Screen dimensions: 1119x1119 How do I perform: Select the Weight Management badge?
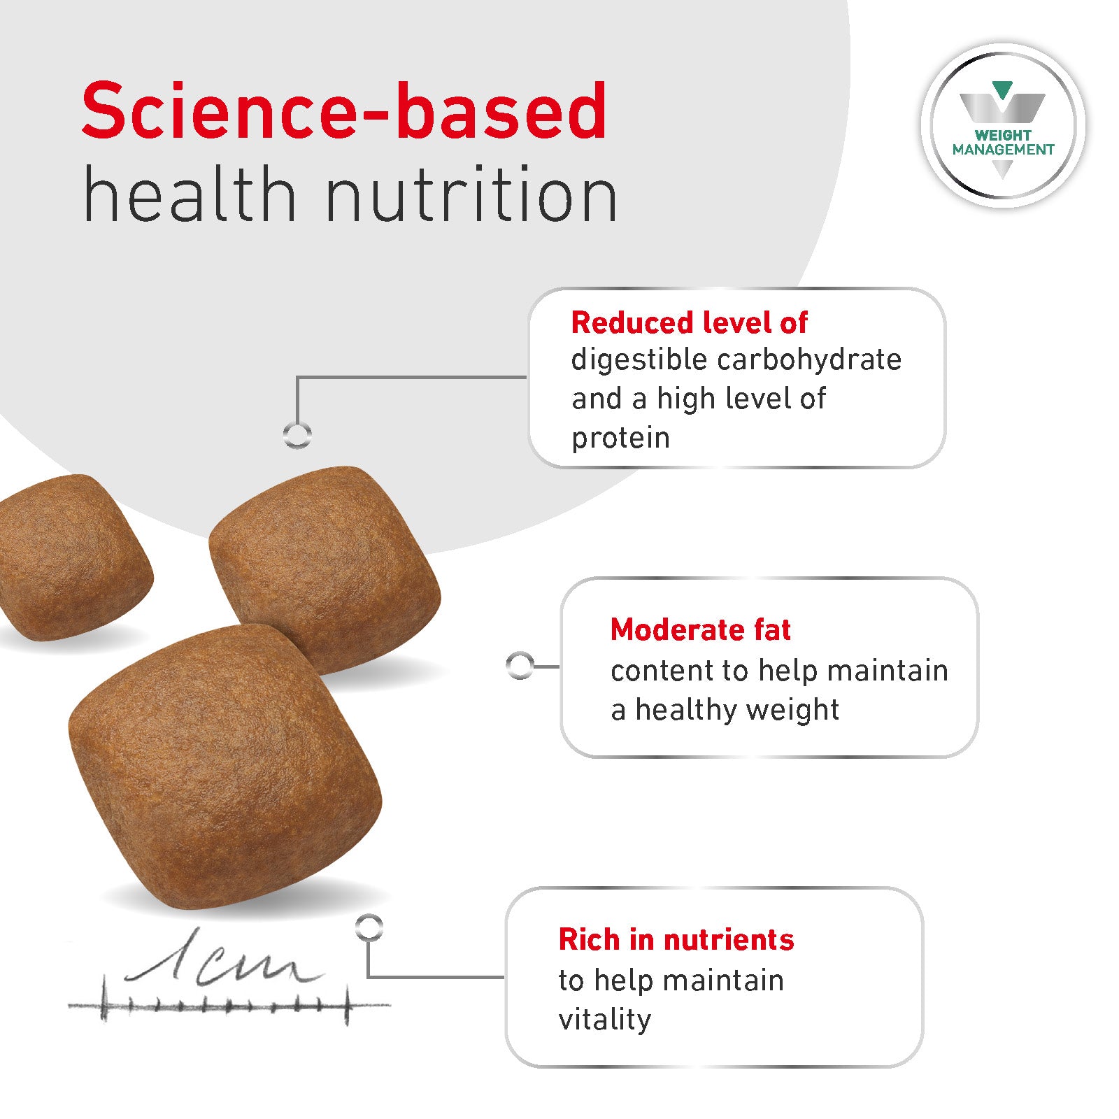coord(1003,126)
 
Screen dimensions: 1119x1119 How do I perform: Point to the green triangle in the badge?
coord(1002,90)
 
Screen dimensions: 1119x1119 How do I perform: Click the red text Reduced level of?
coord(689,322)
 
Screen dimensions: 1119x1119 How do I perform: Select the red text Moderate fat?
coord(700,629)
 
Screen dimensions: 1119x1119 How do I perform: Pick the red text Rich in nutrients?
coord(676,939)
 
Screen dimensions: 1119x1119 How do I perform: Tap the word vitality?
coord(604,1020)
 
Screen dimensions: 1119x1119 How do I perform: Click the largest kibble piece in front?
coord(225,767)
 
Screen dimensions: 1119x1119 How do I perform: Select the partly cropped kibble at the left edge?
coord(73,557)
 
